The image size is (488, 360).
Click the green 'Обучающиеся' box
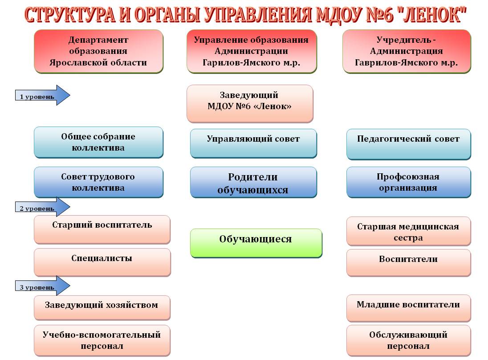coord(256,243)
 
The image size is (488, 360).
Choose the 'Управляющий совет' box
coord(253,143)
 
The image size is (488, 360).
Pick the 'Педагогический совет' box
coord(409,144)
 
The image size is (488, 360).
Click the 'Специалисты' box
coord(102,262)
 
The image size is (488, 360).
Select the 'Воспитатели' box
coord(409,262)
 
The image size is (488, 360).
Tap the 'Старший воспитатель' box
coord(102,229)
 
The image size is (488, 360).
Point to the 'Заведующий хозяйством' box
coord(102,308)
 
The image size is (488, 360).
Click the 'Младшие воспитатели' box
coord(409,308)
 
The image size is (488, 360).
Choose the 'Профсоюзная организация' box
coord(409,182)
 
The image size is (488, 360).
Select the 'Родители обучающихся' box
coord(253,182)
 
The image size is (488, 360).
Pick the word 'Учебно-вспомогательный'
coord(102,335)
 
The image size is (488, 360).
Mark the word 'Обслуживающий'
coord(408,335)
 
